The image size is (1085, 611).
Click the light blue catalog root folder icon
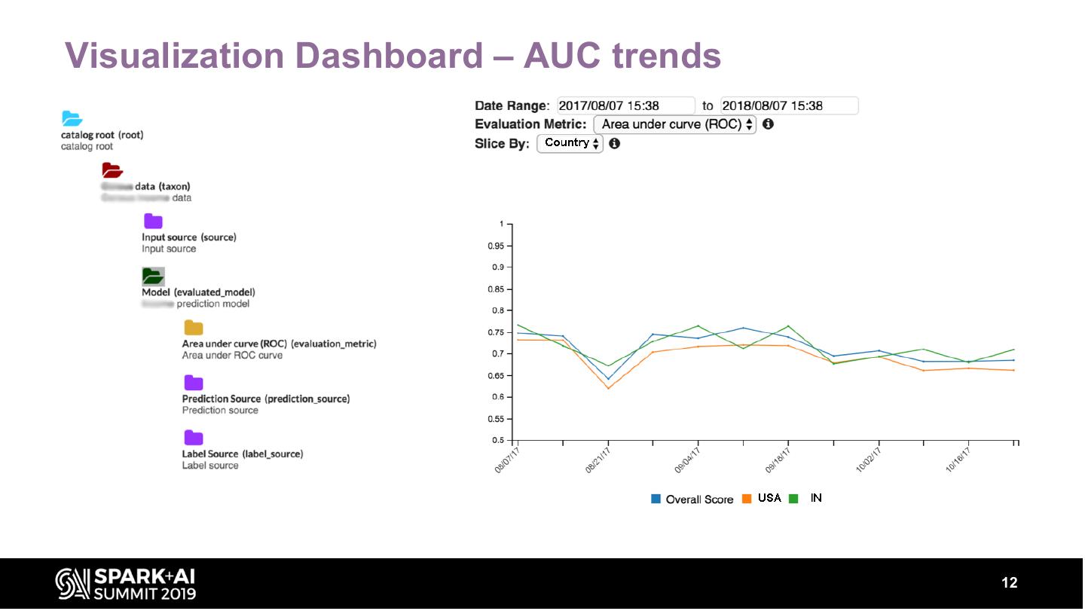pyautogui.click(x=72, y=118)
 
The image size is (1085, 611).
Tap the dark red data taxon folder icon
pyautogui.click(x=112, y=170)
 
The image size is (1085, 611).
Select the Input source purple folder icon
pyautogui.click(x=153, y=221)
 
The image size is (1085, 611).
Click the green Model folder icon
pyautogui.click(x=153, y=276)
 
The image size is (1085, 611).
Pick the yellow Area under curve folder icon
pyautogui.click(x=194, y=328)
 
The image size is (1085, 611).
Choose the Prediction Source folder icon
pyautogui.click(x=194, y=383)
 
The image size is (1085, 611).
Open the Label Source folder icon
pyautogui.click(x=194, y=438)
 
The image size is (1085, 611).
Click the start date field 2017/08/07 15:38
pyautogui.click(x=625, y=106)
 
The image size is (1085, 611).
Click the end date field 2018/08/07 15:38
pyautogui.click(x=788, y=106)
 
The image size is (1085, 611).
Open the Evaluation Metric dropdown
pyautogui.click(x=674, y=125)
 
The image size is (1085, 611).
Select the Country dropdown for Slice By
pyautogui.click(x=570, y=143)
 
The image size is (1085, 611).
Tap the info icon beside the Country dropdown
pyautogui.click(x=614, y=143)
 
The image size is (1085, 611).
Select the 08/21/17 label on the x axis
pyautogui.click(x=598, y=460)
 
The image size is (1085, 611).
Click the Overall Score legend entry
pyautogui.click(x=692, y=499)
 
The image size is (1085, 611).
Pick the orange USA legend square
pyautogui.click(x=747, y=499)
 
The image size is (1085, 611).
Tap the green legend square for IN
pyautogui.click(x=793, y=499)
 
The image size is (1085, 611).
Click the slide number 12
pyautogui.click(x=1009, y=583)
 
